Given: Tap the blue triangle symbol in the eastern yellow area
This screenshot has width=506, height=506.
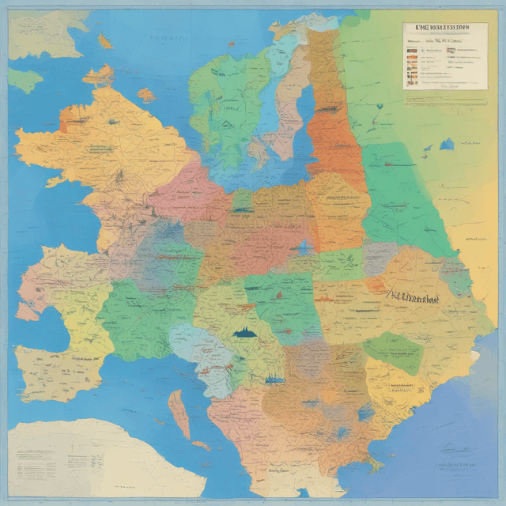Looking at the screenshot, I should [447, 144].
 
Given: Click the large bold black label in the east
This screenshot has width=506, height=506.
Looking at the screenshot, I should [410, 300].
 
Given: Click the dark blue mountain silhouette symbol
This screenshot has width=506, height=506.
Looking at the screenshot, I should [247, 333].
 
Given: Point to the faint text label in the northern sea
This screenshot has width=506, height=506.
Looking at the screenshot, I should [166, 38].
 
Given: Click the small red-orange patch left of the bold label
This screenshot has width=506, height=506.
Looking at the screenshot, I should [373, 285].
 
